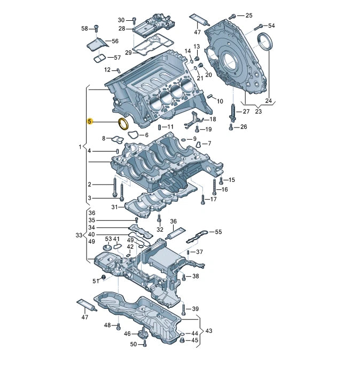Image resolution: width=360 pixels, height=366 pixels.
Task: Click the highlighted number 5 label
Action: [90, 122]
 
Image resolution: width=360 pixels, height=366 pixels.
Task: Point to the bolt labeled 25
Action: [232, 16]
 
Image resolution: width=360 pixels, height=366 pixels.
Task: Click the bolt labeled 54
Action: [257, 26]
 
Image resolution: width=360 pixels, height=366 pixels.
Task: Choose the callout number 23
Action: [259, 112]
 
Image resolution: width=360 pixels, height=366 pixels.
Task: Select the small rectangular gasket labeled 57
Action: [99, 57]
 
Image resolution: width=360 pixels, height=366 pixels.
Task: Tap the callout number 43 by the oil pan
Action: [208, 331]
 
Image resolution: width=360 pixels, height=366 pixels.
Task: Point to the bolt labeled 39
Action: [183, 309]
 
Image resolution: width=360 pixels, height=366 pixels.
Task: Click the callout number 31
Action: [114, 207]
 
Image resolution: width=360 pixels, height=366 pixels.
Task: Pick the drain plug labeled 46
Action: [143, 335]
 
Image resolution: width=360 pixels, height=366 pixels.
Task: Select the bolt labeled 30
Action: [134, 20]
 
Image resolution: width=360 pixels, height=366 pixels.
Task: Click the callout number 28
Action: [121, 28]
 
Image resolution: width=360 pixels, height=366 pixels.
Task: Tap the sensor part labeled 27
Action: [233, 113]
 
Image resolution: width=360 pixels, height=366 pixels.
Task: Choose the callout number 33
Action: [79, 235]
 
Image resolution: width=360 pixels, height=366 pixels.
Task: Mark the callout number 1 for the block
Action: [80, 146]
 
